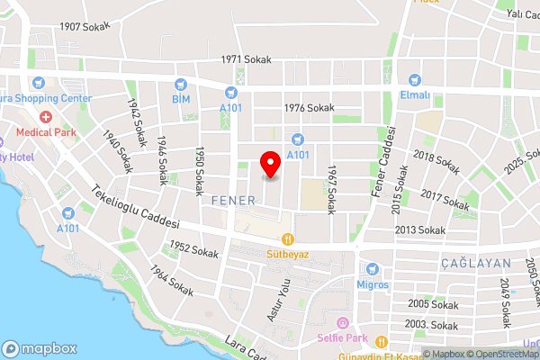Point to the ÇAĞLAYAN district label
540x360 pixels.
point(477,263)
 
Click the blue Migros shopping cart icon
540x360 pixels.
point(372,268)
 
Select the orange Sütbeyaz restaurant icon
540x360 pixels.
point(288,239)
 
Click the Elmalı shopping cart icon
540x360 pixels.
point(415,79)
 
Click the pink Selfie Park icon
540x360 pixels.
point(341,323)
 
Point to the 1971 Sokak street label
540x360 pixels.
point(246,59)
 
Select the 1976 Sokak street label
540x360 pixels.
point(309,107)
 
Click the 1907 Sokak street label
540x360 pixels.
point(84,26)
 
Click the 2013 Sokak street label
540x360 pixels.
point(420,230)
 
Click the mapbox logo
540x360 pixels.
point(40,348)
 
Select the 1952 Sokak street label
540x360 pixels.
point(193,250)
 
